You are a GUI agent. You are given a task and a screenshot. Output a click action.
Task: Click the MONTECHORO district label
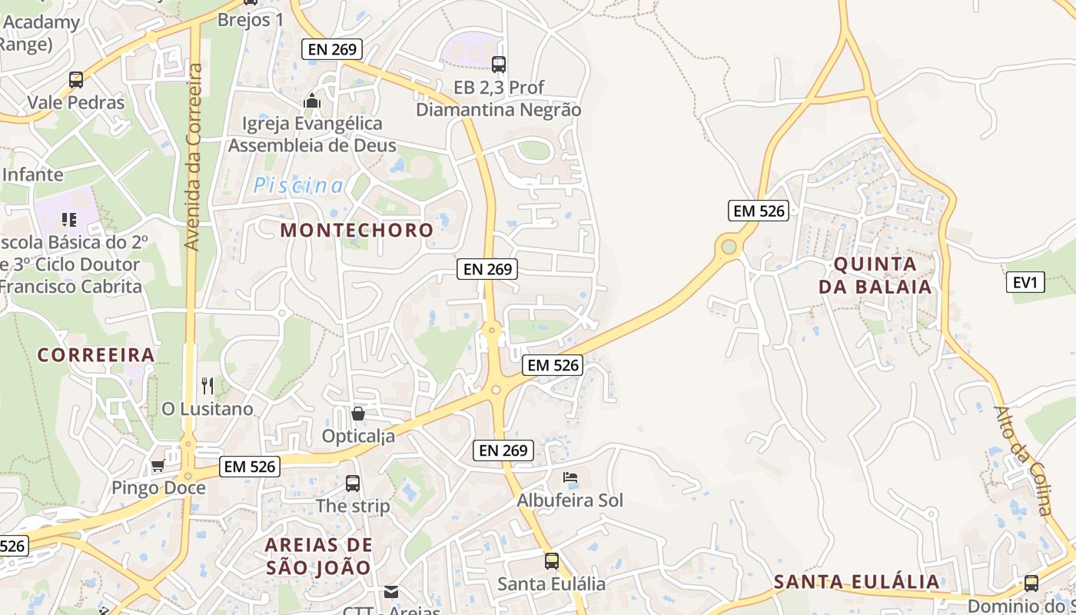(x=357, y=230)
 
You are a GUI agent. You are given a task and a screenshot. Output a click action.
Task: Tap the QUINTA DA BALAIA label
(x=875, y=275)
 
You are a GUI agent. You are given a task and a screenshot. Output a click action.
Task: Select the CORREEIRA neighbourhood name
(x=96, y=355)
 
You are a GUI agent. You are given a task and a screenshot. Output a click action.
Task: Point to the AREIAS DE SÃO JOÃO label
(x=318, y=556)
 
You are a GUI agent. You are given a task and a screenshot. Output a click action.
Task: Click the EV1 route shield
(x=1025, y=283)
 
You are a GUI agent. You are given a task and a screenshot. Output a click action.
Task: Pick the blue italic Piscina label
(x=299, y=185)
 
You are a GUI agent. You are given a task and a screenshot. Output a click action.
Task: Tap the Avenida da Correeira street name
(x=194, y=158)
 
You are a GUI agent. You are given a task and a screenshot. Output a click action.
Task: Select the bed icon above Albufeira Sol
(x=570, y=477)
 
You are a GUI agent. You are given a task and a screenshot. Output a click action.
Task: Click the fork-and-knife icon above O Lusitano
(x=207, y=385)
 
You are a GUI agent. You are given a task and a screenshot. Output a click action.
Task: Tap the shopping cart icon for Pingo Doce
(x=158, y=465)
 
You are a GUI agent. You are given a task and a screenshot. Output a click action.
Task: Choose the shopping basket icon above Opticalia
(x=357, y=414)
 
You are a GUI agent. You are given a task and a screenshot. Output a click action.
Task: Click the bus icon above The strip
(x=353, y=484)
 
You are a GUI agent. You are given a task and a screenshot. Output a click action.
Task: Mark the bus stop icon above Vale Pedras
(x=76, y=79)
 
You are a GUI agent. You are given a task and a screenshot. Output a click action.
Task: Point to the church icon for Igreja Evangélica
(x=312, y=101)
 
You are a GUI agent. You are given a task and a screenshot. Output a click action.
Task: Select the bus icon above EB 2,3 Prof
(x=499, y=65)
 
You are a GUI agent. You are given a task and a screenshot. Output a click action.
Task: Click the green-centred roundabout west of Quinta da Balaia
(x=728, y=247)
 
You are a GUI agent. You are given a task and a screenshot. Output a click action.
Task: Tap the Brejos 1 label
(x=251, y=19)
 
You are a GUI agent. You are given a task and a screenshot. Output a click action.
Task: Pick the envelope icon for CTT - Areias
(x=391, y=591)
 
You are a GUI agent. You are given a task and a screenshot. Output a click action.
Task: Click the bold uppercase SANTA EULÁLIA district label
(x=856, y=581)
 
